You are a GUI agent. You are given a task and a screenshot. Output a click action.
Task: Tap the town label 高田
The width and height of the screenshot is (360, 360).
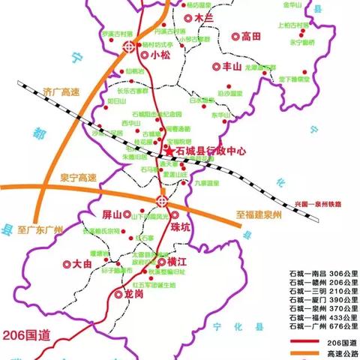(x=250, y=35)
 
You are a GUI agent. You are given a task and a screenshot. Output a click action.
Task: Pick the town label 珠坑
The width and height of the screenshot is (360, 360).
(x=182, y=227)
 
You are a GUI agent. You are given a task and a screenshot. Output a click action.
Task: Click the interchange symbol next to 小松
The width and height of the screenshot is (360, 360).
(x=130, y=46)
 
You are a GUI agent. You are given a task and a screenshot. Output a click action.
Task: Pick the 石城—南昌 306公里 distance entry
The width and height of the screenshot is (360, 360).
(x=322, y=274)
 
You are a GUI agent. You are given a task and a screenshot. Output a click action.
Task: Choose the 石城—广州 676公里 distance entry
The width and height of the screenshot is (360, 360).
(x=322, y=327)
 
